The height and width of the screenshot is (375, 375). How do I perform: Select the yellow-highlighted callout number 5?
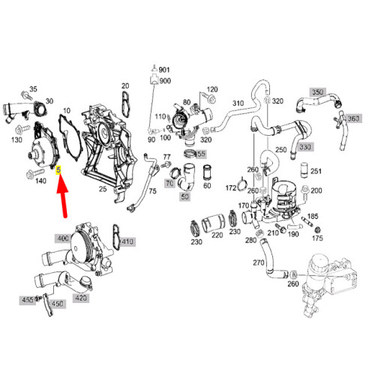(58, 170)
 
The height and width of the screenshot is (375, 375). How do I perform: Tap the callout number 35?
(33, 88)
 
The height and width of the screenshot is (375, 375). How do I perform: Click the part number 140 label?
(40, 181)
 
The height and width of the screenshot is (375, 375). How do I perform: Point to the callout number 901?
(164, 70)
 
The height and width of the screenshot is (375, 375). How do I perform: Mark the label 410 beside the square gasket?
(127, 241)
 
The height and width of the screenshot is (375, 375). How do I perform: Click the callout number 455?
(28, 300)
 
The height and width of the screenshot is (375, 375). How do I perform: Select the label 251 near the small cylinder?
(316, 171)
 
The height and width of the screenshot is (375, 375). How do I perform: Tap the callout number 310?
(238, 103)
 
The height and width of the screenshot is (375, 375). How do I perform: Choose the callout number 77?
(166, 155)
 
